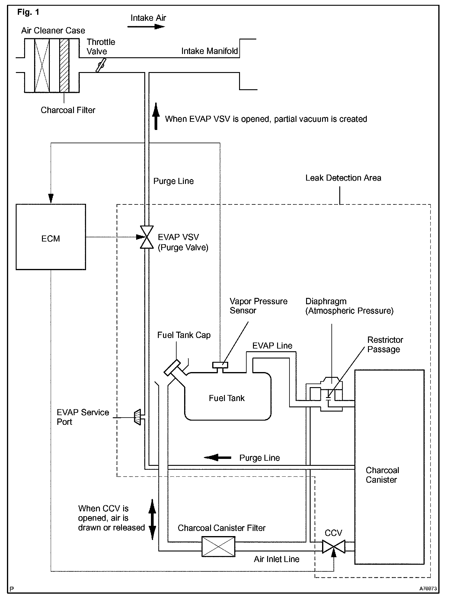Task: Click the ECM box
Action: pyautogui.click(x=51, y=237)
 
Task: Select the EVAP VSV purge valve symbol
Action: pyautogui.click(x=147, y=237)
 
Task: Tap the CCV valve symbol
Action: pyautogui.click(x=334, y=547)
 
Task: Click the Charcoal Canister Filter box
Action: pyautogui.click(x=218, y=546)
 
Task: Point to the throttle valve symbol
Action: pyautogui.click(x=101, y=65)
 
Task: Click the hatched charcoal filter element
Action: pyautogui.click(x=64, y=65)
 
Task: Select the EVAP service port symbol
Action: pyautogui.click(x=137, y=417)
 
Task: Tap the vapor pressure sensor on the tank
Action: pyautogui.click(x=220, y=365)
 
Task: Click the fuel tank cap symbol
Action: pyautogui.click(x=172, y=368)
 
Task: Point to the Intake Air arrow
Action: pyautogui.click(x=146, y=27)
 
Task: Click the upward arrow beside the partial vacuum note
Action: pyautogui.click(x=156, y=116)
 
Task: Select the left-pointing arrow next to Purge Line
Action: pyautogui.click(x=217, y=458)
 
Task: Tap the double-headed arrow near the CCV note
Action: pyautogui.click(x=152, y=519)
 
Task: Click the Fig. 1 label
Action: pyautogui.click(x=28, y=12)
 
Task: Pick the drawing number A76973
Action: pyautogui.click(x=427, y=588)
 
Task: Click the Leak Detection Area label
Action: pyautogui.click(x=343, y=178)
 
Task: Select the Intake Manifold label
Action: pyautogui.click(x=209, y=51)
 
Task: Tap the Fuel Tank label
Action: pyautogui.click(x=227, y=398)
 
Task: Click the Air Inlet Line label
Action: pyautogui.click(x=277, y=559)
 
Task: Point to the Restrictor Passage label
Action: pyautogui.click(x=385, y=344)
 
